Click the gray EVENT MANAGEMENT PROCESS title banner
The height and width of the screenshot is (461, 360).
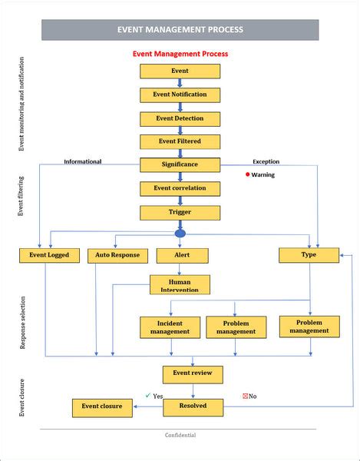click(x=180, y=30)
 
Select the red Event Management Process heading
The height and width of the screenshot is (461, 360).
click(x=180, y=55)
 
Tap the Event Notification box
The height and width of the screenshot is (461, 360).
click(x=180, y=95)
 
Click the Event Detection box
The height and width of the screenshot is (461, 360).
click(x=180, y=118)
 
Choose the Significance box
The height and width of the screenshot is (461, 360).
click(x=180, y=164)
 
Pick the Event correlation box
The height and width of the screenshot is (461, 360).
click(x=180, y=188)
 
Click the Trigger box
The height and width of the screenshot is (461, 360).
click(x=180, y=212)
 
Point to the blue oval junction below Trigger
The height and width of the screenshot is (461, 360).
click(x=180, y=232)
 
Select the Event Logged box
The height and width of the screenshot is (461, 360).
click(x=48, y=255)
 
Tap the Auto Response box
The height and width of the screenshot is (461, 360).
click(x=117, y=255)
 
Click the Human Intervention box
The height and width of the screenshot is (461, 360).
click(x=180, y=285)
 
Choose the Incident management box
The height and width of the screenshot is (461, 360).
click(x=170, y=327)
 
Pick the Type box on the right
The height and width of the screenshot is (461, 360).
click(x=309, y=254)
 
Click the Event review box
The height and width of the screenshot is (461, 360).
click(x=193, y=374)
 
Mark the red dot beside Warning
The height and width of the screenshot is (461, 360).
click(x=247, y=174)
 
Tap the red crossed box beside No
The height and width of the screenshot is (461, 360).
click(x=245, y=396)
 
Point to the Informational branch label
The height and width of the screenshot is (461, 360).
click(x=82, y=162)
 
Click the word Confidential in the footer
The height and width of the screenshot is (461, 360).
click(x=180, y=436)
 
